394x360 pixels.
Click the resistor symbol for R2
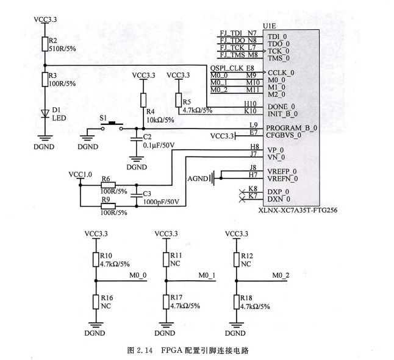(45, 44)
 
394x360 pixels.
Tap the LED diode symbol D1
(45, 113)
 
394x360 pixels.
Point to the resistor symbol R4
(143, 99)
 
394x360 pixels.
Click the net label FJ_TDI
(231, 32)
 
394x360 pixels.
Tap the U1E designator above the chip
(269, 26)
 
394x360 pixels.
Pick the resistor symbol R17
(165, 302)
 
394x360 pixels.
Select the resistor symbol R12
(235, 260)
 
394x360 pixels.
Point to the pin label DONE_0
(281, 106)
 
